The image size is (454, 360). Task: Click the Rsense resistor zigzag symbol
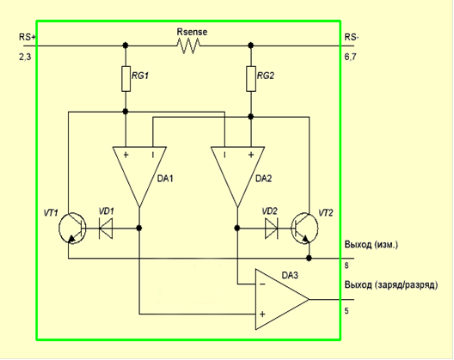click(x=188, y=46)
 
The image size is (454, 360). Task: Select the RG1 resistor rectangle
click(x=126, y=79)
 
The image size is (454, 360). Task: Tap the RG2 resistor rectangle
click(x=251, y=79)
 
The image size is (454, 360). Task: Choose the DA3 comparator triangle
click(x=282, y=300)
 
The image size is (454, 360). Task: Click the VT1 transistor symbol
click(x=72, y=228)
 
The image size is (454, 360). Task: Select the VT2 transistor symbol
click(x=305, y=228)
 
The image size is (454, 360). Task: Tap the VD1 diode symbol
click(x=106, y=228)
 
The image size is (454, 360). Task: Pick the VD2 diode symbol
click(x=272, y=228)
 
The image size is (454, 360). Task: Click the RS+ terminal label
click(x=28, y=37)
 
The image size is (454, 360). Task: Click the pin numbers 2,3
click(x=25, y=57)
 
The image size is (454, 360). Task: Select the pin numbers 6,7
click(x=350, y=57)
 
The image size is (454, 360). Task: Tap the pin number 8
click(x=347, y=265)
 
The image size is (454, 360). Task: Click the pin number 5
click(x=347, y=311)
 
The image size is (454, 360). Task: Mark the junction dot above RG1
click(x=126, y=46)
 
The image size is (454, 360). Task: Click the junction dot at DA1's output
click(x=139, y=228)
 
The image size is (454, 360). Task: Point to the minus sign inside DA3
click(x=262, y=284)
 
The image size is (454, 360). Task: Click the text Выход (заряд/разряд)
click(x=391, y=285)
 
